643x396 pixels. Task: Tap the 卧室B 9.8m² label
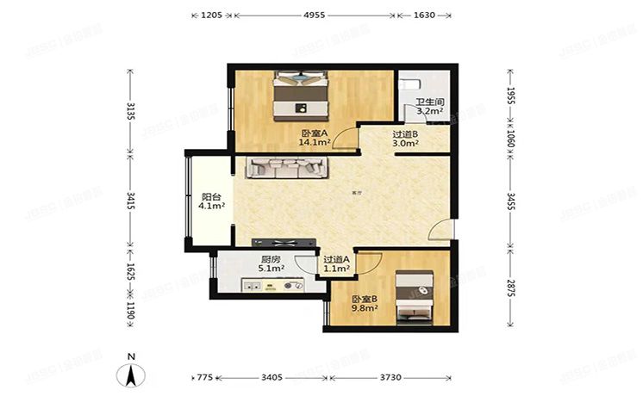364,304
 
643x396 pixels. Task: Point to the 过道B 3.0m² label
405,139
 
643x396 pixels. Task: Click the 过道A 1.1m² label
336,263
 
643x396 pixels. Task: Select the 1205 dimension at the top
212,15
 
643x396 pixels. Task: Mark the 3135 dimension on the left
130,113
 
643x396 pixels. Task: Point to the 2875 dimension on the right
509,287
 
